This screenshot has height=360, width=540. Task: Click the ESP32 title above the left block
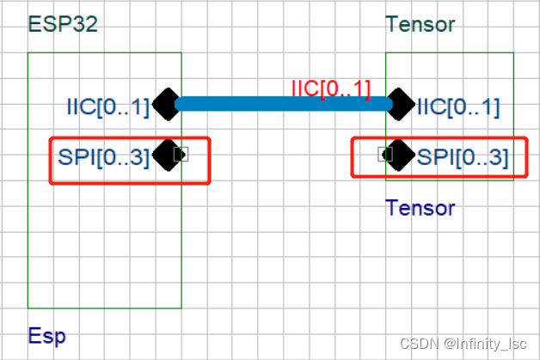pos(63,23)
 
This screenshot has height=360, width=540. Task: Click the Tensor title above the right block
pos(420,23)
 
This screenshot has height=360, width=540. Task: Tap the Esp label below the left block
pos(46,335)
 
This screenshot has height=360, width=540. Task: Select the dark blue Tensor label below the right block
pos(420,207)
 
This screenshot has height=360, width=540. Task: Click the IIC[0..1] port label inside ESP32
pos(108,107)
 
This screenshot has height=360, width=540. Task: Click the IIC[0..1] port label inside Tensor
pos(458,107)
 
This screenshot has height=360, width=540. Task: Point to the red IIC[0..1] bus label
pos(331,88)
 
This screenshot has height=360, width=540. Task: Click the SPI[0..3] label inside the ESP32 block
pos(103,157)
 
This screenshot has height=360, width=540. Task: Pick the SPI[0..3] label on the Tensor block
pos(463,157)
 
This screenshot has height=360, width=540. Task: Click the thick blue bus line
pos(284,105)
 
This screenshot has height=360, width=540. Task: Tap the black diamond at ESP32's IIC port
pos(166,105)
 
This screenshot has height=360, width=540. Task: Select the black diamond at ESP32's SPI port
pos(166,156)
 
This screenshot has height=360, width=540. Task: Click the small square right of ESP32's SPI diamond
pos(181,155)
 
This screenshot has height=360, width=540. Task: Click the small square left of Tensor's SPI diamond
pos(386,155)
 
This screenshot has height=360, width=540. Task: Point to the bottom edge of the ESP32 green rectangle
pos(104,307)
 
